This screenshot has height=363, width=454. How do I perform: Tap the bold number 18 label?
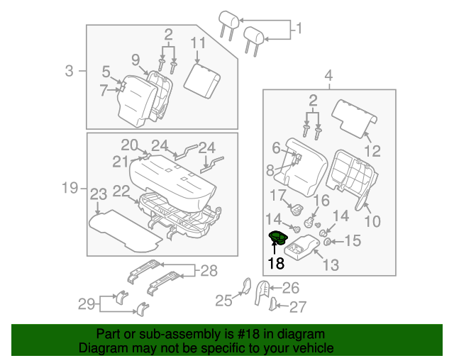[275, 264]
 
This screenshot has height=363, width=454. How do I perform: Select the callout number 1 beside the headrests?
[298, 29]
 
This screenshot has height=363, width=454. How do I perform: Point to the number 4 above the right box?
[329, 76]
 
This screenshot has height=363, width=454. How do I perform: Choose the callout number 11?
[196, 43]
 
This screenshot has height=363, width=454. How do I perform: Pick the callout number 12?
[372, 150]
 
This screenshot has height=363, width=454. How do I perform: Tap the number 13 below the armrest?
[331, 265]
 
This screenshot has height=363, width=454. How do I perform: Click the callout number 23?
[98, 194]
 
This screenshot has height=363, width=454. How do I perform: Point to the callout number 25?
[223, 301]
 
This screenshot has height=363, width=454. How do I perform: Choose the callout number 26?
[291, 288]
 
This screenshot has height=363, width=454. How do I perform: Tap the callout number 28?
[207, 269]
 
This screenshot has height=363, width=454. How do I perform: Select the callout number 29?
[86, 304]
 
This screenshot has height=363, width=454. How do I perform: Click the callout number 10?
[372, 221]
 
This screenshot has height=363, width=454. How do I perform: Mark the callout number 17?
[277, 194]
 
